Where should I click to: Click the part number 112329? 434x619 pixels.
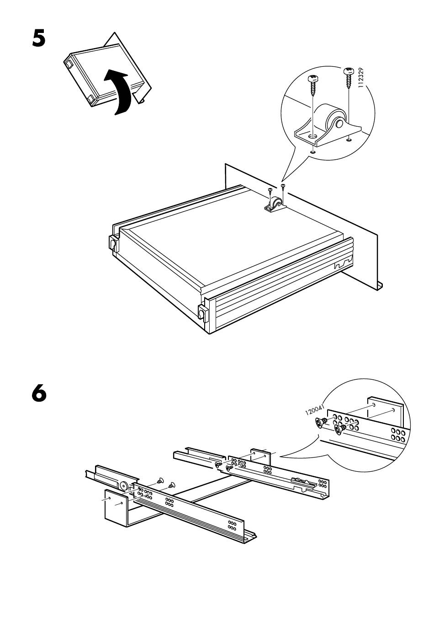pyautogui.click(x=362, y=78)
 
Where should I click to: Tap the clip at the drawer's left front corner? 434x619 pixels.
pyautogui.click(x=113, y=243)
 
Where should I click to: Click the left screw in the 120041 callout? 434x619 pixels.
pyautogui.click(x=320, y=423)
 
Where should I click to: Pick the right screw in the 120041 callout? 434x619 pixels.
pyautogui.click(x=340, y=430)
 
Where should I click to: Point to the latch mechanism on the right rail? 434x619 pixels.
pyautogui.click(x=302, y=481)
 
